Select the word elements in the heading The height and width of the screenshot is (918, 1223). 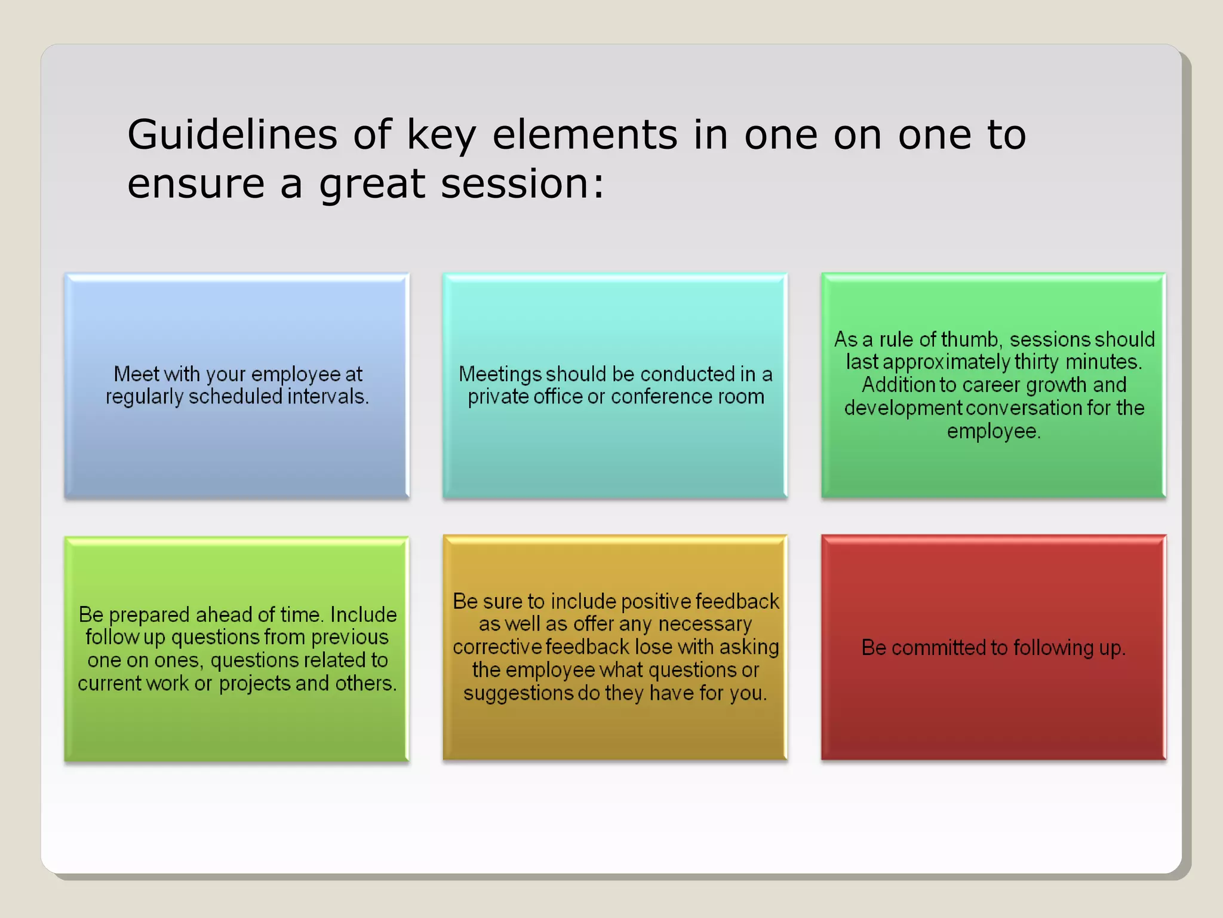tap(585, 135)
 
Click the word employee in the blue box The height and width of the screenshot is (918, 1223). tap(296, 374)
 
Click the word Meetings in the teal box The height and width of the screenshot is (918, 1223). tap(499, 375)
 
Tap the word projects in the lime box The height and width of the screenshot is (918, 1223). tap(262, 684)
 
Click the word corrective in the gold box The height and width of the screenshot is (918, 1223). tap(497, 647)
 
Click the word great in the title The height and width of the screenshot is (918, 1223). tap(372, 185)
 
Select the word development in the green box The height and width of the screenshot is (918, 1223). tap(903, 408)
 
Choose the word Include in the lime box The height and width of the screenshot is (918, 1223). tap(363, 615)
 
